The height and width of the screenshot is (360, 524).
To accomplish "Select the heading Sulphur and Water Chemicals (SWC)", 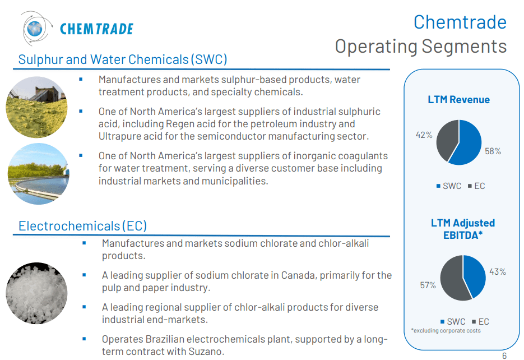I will (x=122, y=59).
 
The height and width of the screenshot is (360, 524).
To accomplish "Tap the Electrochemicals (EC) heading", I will (x=83, y=226).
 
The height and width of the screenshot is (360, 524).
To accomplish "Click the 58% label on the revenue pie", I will (x=493, y=151).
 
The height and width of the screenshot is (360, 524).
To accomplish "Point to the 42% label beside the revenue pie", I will (x=424, y=135).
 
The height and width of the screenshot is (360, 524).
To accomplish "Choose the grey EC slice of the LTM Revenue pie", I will (x=447, y=137).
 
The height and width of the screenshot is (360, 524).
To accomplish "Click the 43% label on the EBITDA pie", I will (x=497, y=271).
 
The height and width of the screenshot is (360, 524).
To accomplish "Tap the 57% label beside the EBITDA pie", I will (x=428, y=285).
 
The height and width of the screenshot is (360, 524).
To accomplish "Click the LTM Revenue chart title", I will (x=458, y=100).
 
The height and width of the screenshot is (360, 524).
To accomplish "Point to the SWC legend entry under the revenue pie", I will (x=448, y=186).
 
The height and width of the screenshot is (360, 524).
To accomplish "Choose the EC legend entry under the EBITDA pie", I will (x=480, y=321).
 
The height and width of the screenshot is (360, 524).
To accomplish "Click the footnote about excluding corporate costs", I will (x=446, y=330).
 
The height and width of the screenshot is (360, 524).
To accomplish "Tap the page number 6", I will (x=504, y=356).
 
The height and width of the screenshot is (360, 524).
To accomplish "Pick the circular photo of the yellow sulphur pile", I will (x=36, y=107).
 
